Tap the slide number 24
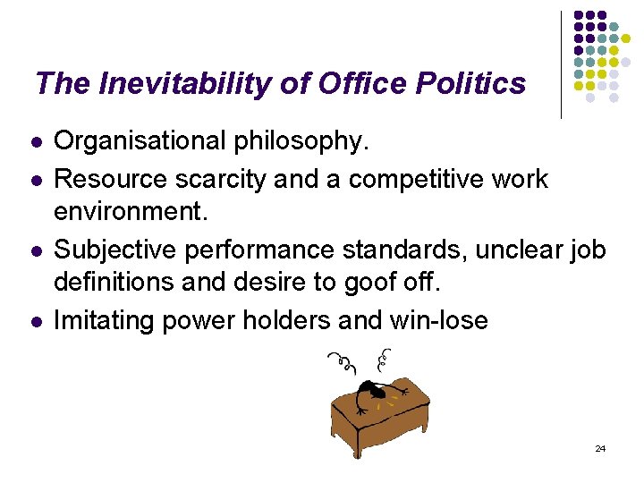599,448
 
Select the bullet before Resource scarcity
35,180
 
